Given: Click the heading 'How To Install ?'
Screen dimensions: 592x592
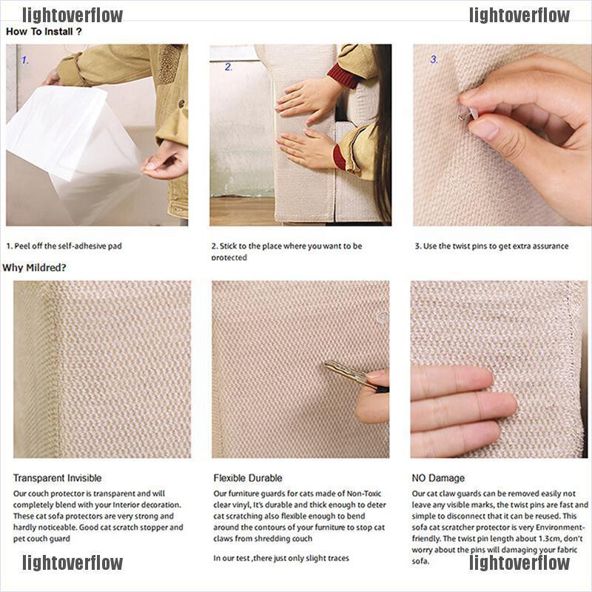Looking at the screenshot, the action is [x=44, y=31].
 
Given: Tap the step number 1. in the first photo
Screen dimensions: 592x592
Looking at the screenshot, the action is [x=25, y=60].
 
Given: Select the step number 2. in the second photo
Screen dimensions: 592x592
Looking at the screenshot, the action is [x=229, y=67].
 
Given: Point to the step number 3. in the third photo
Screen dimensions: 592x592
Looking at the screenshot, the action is [x=434, y=59].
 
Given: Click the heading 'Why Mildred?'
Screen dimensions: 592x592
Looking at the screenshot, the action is [x=34, y=268].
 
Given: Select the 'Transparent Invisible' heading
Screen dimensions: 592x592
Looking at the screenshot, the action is [x=58, y=478].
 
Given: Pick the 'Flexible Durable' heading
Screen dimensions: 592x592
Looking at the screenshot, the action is [x=248, y=478].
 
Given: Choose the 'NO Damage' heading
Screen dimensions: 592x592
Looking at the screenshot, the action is [x=438, y=478].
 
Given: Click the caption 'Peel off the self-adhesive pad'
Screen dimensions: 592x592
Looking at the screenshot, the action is [x=68, y=246].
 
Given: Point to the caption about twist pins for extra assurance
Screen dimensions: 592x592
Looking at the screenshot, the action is [x=491, y=246].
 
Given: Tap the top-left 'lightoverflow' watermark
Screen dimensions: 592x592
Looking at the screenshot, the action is [x=73, y=16].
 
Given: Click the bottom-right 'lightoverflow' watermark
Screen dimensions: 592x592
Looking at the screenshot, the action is [x=519, y=562].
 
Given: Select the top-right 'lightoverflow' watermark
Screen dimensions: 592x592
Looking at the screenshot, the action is [x=519, y=16].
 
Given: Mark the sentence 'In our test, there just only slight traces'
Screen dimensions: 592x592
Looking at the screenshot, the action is [x=281, y=558].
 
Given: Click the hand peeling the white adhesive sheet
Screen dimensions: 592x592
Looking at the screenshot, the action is [x=164, y=161].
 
